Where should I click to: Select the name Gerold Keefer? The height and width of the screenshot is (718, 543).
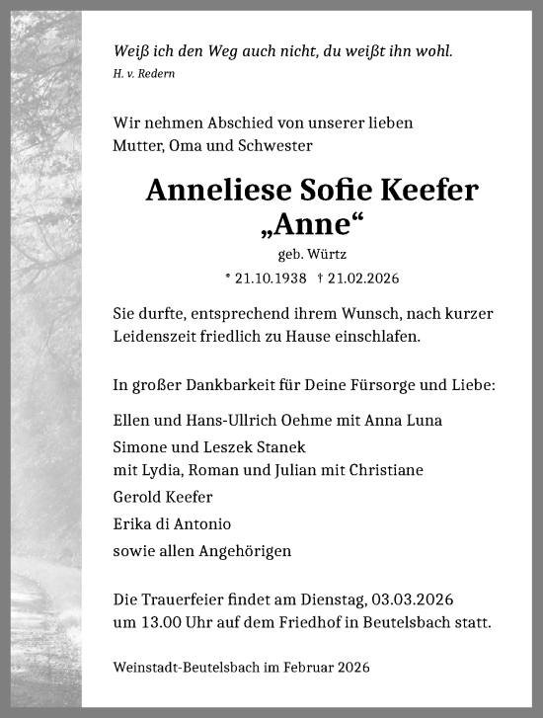(x=162, y=497)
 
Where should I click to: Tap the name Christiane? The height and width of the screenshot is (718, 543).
(x=386, y=470)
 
